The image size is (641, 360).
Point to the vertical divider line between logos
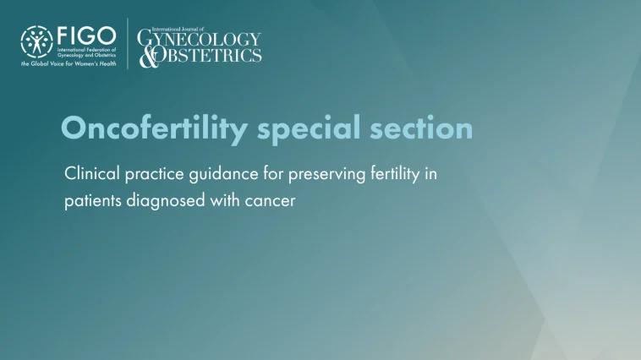[129, 44]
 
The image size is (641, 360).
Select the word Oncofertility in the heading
[155, 128]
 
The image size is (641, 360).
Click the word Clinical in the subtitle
[91, 174]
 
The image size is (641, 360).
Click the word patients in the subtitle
[93, 203]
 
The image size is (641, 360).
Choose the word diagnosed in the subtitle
[172, 203]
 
